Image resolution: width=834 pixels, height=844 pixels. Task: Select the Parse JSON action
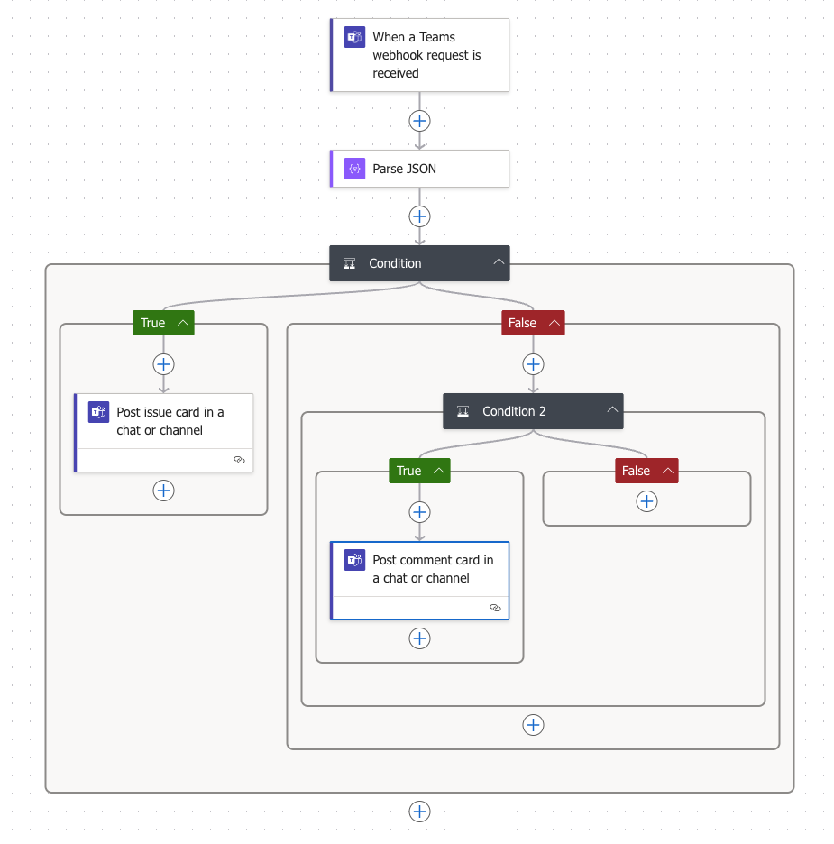pos(419,169)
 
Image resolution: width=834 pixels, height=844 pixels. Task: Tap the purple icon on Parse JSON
pos(354,169)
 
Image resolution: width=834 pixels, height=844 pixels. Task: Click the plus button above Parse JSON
pos(419,121)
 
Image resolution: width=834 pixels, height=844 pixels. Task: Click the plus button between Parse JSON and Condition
pos(419,216)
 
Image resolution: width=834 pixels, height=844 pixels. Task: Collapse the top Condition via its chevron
pos(498,263)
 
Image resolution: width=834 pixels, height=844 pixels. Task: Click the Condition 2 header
pos(514,411)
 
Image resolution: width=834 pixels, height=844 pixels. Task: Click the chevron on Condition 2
pos(612,411)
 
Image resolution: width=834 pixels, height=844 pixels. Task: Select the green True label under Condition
pos(153,323)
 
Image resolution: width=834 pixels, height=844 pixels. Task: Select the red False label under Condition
pos(522,323)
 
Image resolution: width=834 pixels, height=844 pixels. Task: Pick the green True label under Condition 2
pos(408,471)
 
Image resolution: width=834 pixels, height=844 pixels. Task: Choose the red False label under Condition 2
pos(636,471)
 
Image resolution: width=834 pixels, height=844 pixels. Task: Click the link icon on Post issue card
pos(239,460)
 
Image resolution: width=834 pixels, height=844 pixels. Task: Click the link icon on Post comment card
pos(495,608)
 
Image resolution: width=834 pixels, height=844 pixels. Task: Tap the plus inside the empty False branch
pos(646,501)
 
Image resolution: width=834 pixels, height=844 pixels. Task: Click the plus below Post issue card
pos(163,491)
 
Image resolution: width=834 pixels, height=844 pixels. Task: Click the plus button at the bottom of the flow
pos(419,812)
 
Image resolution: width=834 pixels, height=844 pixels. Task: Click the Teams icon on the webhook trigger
pos(354,38)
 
